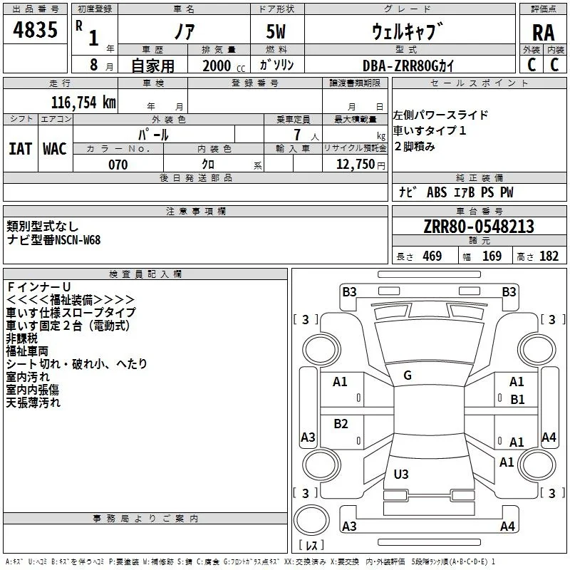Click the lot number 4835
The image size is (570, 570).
tap(35, 29)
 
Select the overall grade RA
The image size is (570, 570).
tap(543, 33)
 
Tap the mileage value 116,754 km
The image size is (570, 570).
tap(83, 102)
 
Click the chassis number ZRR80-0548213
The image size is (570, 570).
tap(479, 226)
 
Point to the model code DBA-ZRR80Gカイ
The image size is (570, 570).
tap(408, 66)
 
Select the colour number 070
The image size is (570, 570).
tap(118, 165)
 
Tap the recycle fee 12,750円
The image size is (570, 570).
tap(361, 165)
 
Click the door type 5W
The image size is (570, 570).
tap(276, 31)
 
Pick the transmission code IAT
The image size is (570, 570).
tap(21, 149)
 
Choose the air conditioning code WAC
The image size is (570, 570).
tap(55, 149)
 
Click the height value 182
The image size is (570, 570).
tap(549, 256)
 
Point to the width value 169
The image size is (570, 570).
tap(492, 256)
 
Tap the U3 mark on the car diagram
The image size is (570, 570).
tap(401, 474)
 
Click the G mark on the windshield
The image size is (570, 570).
tap(408, 375)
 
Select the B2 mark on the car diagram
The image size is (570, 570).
tap(341, 423)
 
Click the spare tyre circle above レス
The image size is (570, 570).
tap(311, 520)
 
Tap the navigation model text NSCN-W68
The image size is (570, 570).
tap(78, 240)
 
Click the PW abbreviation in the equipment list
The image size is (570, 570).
tap(507, 192)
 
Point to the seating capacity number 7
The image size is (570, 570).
tap(297, 135)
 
